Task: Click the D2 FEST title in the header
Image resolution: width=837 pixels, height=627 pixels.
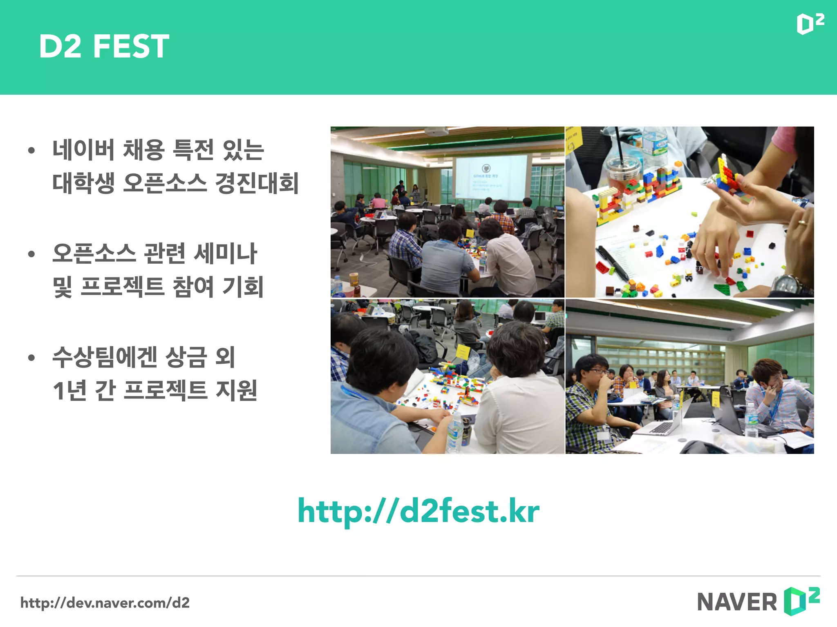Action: click(104, 46)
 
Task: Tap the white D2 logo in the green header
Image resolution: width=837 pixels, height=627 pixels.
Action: click(810, 24)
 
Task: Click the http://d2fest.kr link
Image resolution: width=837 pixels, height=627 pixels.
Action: click(418, 511)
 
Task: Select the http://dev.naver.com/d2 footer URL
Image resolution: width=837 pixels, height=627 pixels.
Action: click(105, 603)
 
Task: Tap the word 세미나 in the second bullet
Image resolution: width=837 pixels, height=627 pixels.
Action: click(225, 253)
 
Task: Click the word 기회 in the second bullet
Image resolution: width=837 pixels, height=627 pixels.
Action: click(243, 287)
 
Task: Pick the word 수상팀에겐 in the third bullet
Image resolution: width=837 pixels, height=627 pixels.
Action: click(105, 357)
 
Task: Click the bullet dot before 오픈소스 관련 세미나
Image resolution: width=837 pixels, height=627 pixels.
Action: click(31, 254)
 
